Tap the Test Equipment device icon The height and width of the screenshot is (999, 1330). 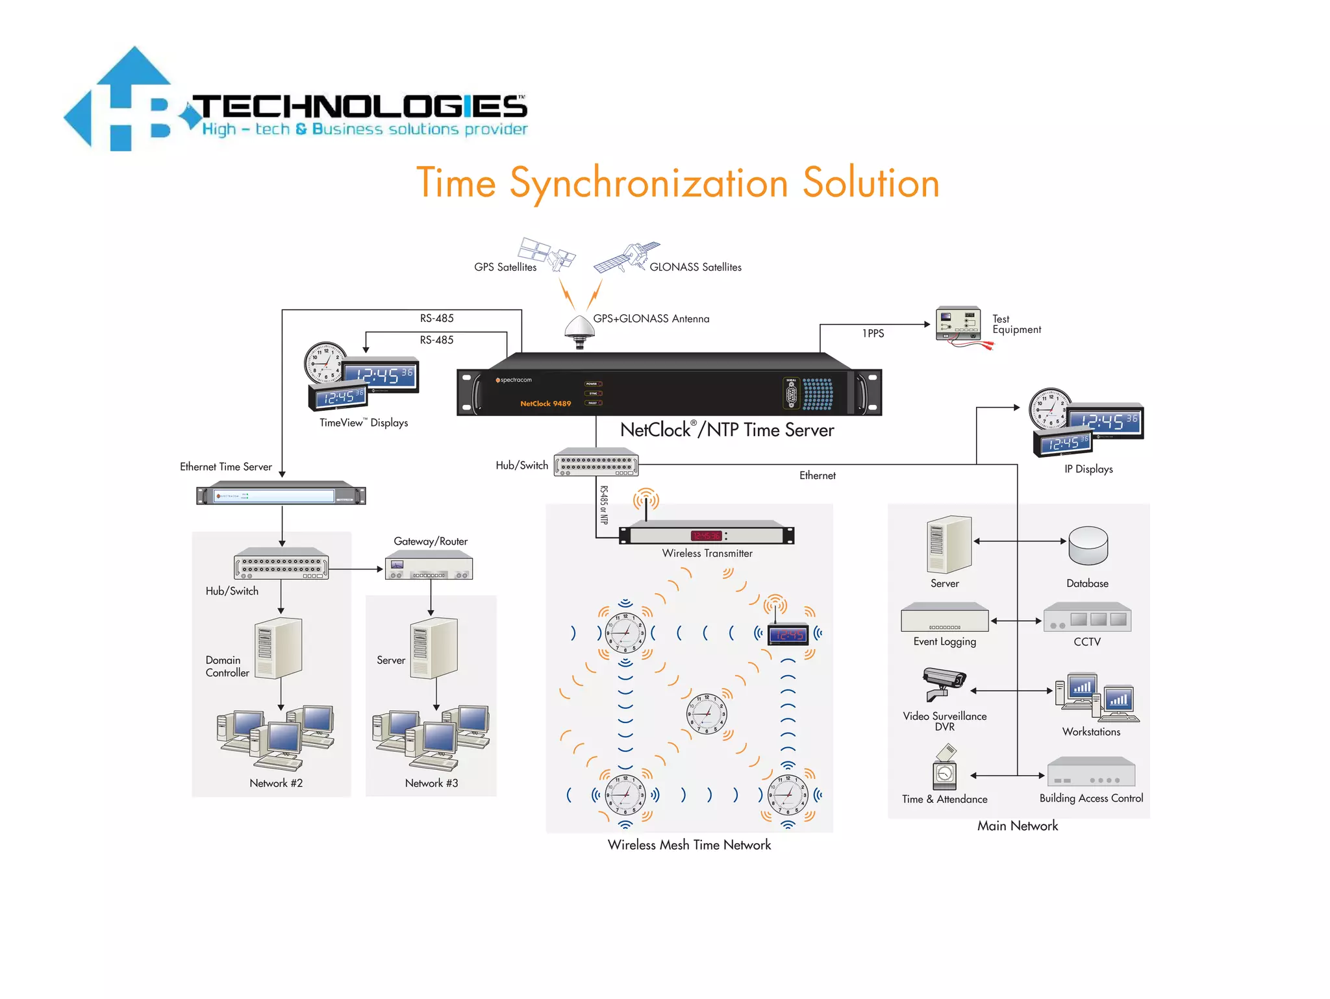pos(958,324)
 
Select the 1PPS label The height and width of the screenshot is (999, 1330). pos(873,334)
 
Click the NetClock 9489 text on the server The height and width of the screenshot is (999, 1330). pos(546,404)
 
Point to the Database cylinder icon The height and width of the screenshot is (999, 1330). pos(1088,546)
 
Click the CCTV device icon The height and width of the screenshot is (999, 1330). pos(1087,619)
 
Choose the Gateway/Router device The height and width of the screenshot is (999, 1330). pos(429,566)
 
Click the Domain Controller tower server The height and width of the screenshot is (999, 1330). pos(279,648)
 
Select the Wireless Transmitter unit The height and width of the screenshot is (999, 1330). pos(707,534)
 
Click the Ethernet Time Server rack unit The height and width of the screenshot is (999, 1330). pos(281,495)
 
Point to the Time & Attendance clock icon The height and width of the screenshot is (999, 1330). pos(945,769)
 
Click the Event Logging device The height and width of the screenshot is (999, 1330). pos(944,618)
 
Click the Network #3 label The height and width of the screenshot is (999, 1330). pos(431,783)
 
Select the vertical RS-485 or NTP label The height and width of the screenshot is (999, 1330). pos(604,505)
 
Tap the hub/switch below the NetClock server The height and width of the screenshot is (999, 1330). pos(596,463)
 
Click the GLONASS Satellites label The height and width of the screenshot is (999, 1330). pos(695,267)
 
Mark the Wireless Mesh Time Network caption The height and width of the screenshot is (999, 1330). pos(689,845)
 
